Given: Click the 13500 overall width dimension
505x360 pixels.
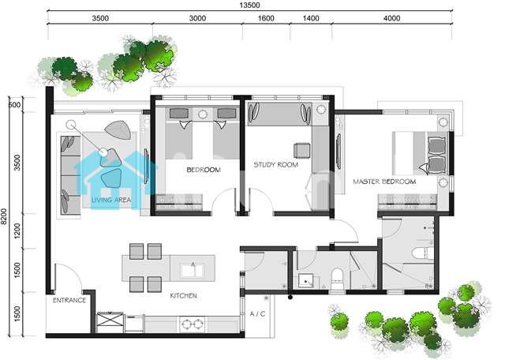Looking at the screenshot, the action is pyautogui.click(x=249, y=6).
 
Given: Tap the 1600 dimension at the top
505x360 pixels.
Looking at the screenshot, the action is pyautogui.click(x=266, y=18).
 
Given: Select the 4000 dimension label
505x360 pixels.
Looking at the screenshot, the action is pyautogui.click(x=391, y=18).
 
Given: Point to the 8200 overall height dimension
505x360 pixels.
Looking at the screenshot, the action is pyautogui.click(x=4, y=216).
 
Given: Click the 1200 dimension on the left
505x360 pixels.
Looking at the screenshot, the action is pyautogui.click(x=17, y=231).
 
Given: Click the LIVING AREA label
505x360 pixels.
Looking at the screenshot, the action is pyautogui.click(x=111, y=200).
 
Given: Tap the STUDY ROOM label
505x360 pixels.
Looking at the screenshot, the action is pyautogui.click(x=275, y=165).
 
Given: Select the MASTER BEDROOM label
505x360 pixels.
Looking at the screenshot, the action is pyautogui.click(x=384, y=182).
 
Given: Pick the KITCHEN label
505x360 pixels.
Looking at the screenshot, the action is pyautogui.click(x=183, y=295).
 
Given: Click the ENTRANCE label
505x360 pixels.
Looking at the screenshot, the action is pyautogui.click(x=69, y=300).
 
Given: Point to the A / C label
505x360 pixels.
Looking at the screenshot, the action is pyautogui.click(x=258, y=313).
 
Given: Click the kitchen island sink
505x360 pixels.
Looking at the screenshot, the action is pyautogui.click(x=193, y=270).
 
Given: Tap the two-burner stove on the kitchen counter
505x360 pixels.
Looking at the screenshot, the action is pyautogui.click(x=193, y=324).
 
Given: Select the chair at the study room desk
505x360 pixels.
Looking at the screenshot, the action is pyautogui.click(x=302, y=151).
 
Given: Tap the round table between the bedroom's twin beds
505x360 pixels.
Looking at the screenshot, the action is pyautogui.click(x=202, y=114).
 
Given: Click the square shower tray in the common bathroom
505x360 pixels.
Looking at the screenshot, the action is pyautogui.click(x=305, y=281).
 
